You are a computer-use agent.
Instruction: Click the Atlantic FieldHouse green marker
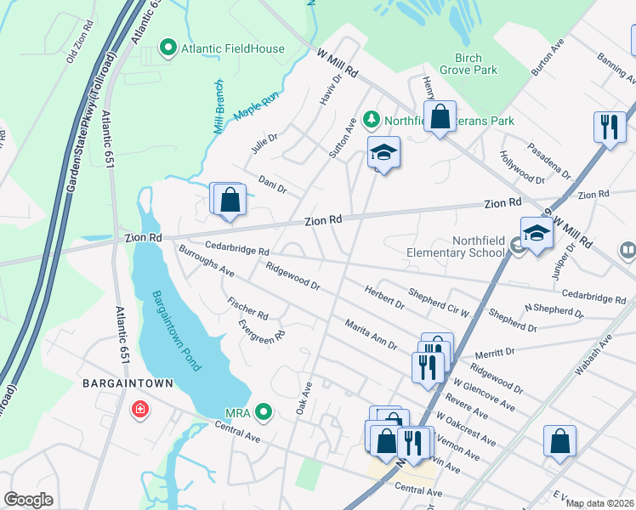(x=168, y=49)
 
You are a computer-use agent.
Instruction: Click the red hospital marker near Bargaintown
(x=139, y=411)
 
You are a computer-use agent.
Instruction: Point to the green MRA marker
(x=264, y=413)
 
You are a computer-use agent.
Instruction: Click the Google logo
(x=29, y=500)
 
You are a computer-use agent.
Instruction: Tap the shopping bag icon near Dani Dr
(x=230, y=201)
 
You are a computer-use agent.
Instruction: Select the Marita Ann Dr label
(x=371, y=334)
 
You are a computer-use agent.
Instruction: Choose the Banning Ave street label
(x=616, y=70)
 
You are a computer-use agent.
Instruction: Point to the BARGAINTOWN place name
(x=128, y=383)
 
